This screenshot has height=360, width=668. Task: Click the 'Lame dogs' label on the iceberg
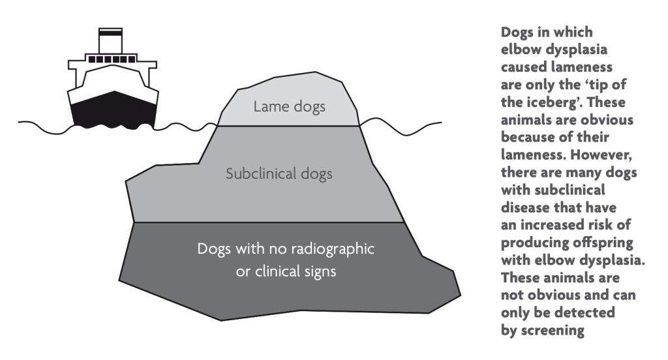point(289,106)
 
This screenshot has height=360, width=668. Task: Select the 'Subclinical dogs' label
point(270,175)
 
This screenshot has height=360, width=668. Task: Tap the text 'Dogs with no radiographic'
point(288,250)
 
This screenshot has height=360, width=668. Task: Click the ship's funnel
point(107,43)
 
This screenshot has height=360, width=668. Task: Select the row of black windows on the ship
point(107,61)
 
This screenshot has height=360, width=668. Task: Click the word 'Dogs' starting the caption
point(516,33)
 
